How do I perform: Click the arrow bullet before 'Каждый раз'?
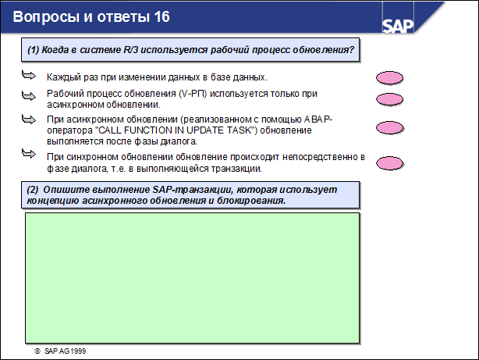[29, 77]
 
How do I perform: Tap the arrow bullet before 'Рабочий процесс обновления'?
[29, 94]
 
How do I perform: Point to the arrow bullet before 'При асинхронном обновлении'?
[29, 119]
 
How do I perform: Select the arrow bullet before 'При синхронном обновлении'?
[29, 157]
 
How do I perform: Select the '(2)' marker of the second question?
[33, 190]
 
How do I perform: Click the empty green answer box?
[192, 276]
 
